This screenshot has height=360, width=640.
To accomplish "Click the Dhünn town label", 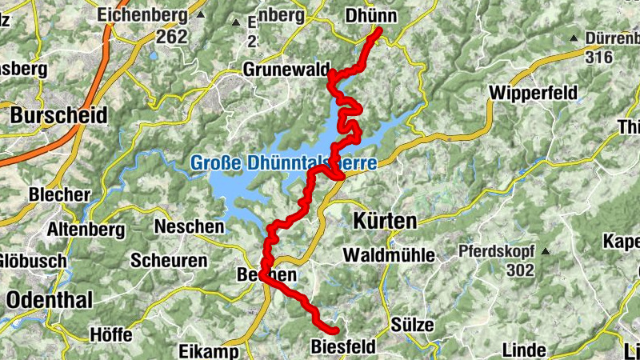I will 370,15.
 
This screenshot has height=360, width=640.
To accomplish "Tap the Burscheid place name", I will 58,115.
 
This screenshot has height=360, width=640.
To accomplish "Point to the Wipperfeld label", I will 533,93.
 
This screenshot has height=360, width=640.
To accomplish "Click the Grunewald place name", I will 286,70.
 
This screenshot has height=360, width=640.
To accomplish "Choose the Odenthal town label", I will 50,300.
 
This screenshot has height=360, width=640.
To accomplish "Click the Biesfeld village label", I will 345,348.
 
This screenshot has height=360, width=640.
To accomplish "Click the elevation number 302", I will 519,270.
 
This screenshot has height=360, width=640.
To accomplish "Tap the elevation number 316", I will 598,57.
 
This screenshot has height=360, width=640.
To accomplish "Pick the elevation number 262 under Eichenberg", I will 171,36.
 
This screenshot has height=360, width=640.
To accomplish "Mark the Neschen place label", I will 189,226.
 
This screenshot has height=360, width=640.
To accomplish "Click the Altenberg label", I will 86,230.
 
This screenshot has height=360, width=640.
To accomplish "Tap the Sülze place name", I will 413,324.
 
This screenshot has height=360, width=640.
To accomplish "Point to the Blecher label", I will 58,194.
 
